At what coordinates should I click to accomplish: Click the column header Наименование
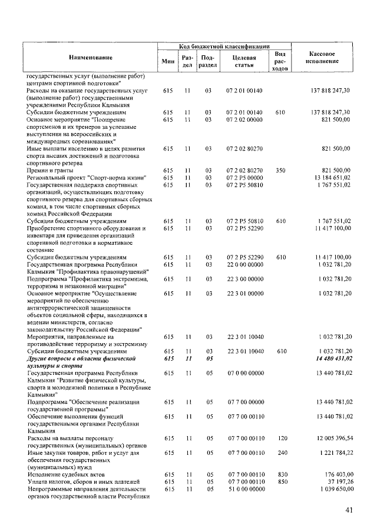point(90,58)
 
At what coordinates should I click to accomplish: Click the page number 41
point(349,510)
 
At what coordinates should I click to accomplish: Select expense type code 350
point(280,171)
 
